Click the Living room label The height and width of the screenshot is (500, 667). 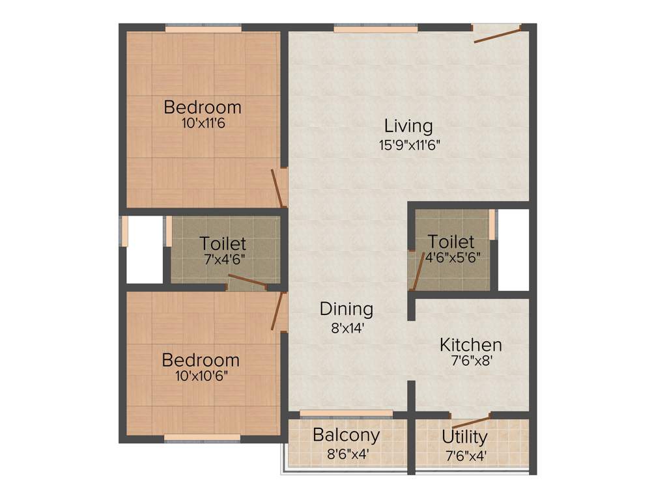[408, 125]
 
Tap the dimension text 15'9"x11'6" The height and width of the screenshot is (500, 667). [410, 145]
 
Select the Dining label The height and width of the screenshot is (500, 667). [346, 309]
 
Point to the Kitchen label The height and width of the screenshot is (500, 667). [470, 344]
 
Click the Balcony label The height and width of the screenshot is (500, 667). [346, 434]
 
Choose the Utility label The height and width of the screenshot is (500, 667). [464, 436]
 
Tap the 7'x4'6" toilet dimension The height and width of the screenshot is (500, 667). [223, 258]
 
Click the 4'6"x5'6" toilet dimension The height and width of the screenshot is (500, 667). [453, 257]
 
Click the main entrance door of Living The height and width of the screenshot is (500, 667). [497, 34]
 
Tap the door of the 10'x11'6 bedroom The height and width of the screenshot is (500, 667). [278, 187]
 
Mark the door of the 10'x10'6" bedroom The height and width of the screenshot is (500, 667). [279, 311]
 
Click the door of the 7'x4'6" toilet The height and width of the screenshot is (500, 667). [247, 282]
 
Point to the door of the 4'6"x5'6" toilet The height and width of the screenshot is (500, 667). [415, 270]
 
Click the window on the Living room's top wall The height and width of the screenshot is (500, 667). [376, 29]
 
